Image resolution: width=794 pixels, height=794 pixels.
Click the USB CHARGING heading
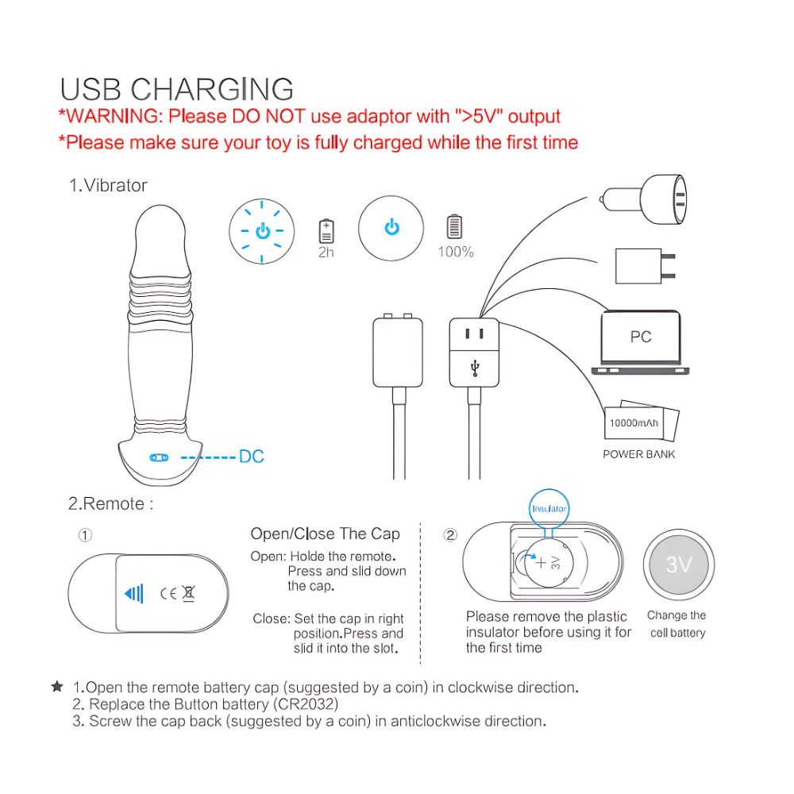click(x=177, y=89)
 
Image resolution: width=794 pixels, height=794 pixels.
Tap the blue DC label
click(x=251, y=457)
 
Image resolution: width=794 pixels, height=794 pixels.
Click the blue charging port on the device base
click(x=159, y=458)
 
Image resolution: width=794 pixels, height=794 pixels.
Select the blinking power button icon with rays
click(x=262, y=231)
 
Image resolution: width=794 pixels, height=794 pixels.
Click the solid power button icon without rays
click(x=391, y=228)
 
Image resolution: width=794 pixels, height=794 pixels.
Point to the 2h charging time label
click(x=326, y=252)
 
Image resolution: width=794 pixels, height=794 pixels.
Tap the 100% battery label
click(x=456, y=252)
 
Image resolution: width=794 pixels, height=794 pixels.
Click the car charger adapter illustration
click(x=644, y=199)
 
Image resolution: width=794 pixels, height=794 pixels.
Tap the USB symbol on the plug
click(x=475, y=368)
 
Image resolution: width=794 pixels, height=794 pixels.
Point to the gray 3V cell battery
click(x=679, y=565)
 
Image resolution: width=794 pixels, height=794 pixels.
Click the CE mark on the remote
click(x=168, y=593)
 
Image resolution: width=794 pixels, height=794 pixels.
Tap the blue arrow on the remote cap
click(x=133, y=593)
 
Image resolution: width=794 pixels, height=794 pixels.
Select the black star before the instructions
click(x=57, y=687)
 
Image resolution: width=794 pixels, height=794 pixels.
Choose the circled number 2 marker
click(x=450, y=534)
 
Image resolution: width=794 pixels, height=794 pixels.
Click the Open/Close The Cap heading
click(x=325, y=534)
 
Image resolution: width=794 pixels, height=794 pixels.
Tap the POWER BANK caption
click(x=639, y=454)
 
